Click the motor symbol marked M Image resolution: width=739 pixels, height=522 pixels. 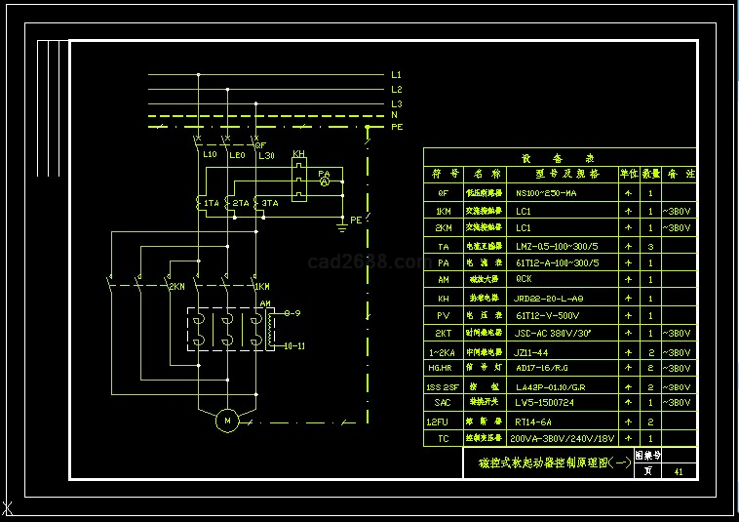click(x=228, y=421)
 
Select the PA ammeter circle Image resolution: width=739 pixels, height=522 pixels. click(x=325, y=181)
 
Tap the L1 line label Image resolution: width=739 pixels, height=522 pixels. click(x=396, y=75)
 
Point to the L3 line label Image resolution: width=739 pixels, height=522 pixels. click(x=396, y=103)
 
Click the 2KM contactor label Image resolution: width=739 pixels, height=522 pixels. click(x=176, y=287)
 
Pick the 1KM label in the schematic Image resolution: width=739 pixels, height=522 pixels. click(x=261, y=287)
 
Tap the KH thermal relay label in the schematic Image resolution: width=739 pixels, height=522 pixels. click(x=298, y=154)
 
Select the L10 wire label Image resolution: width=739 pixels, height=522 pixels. click(x=210, y=155)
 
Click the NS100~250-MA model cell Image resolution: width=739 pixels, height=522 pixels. click(x=546, y=193)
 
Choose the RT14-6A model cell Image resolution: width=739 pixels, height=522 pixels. click(x=533, y=422)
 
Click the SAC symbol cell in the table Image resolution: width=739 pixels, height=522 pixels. click(x=444, y=403)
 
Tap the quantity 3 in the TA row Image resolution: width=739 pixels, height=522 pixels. click(x=650, y=247)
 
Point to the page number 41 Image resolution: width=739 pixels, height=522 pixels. click(x=679, y=471)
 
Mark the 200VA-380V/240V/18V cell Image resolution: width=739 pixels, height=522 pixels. click(x=564, y=439)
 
